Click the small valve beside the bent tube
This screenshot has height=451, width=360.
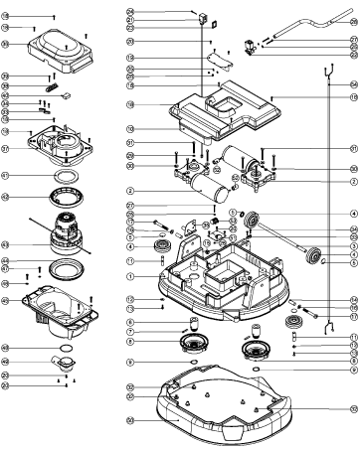pyautogui.click(x=252, y=46)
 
